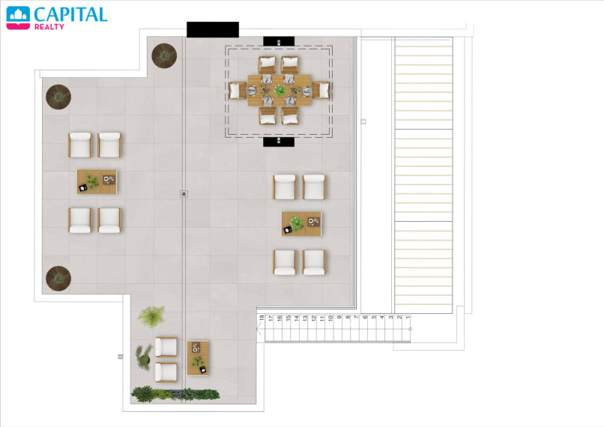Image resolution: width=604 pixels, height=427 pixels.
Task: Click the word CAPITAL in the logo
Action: pyautogui.click(x=70, y=15)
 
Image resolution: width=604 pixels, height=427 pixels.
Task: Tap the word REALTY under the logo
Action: pyautogui.click(x=49, y=27)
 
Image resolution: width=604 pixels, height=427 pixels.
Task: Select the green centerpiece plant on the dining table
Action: pyautogui.click(x=280, y=91)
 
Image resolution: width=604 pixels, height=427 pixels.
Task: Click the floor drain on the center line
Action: pyautogui.click(x=184, y=194)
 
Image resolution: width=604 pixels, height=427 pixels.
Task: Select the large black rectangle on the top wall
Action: pyautogui.click(x=213, y=30)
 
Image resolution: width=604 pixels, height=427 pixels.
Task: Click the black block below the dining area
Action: pyautogui.click(x=279, y=142)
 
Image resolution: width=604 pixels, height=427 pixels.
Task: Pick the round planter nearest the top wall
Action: pyautogui.click(x=164, y=56)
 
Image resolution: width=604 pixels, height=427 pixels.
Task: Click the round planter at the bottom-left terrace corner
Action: pyautogui.click(x=58, y=279)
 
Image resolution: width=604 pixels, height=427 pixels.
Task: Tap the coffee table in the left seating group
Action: pyautogui.click(x=97, y=182)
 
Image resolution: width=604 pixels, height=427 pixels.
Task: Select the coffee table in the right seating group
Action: pyautogui.click(x=301, y=224)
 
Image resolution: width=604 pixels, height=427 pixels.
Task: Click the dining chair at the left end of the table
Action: pyautogui.click(x=238, y=91)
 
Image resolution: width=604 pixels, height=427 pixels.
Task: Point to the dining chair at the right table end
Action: pyautogui.click(x=321, y=91)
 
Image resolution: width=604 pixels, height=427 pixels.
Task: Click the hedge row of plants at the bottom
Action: pyautogui.click(x=175, y=395)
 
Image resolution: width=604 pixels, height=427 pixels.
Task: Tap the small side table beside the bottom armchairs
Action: pyautogui.click(x=198, y=358)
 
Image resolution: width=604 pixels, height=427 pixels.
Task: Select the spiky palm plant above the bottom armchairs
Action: pyautogui.click(x=152, y=316)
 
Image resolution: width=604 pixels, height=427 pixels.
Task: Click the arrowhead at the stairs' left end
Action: pyautogui.click(x=259, y=329)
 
